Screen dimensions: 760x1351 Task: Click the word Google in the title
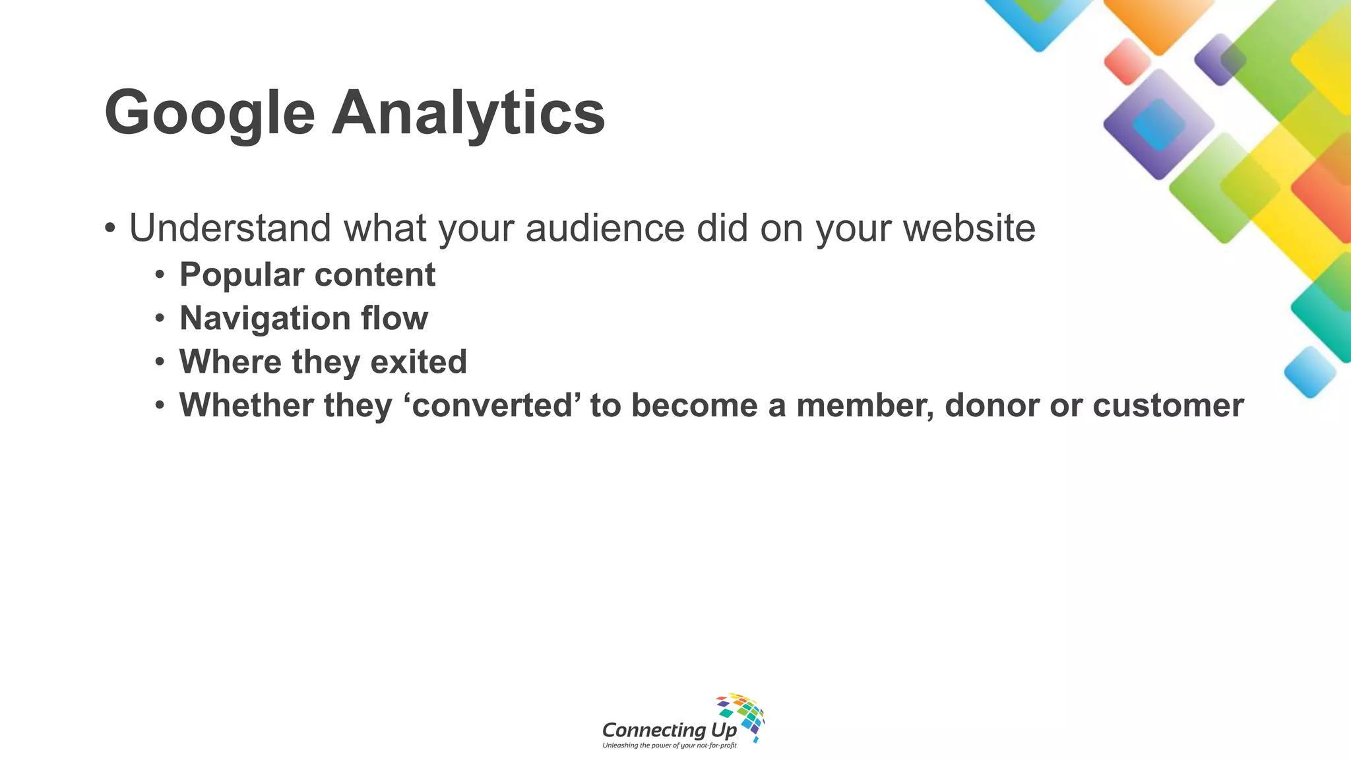[x=210, y=113]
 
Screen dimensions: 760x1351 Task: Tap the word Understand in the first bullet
[x=230, y=228]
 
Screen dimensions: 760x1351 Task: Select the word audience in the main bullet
[x=605, y=228]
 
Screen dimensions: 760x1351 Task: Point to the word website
[x=969, y=228]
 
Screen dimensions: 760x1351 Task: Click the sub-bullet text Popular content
[x=307, y=274]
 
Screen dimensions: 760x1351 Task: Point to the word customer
[x=1168, y=405]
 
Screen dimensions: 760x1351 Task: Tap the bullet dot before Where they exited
[x=160, y=362]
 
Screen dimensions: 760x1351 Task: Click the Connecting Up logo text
[x=669, y=730]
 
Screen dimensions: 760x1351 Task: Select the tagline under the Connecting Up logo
[x=669, y=745]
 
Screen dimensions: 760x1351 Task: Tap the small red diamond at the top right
[x=1127, y=61]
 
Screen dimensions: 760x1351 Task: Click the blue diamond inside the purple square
[x=1158, y=125]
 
